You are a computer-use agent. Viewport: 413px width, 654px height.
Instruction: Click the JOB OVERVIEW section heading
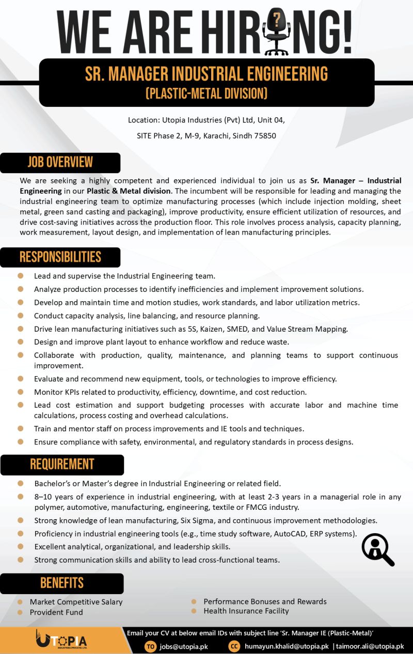60,162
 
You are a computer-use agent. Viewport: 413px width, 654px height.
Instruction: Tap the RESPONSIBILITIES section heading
60,257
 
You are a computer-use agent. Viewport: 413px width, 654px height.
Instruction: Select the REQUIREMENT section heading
62,464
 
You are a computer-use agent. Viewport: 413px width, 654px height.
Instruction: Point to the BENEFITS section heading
62,583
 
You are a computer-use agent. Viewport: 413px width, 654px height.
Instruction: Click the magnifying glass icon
377,549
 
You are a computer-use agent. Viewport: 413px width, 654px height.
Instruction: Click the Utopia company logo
61,640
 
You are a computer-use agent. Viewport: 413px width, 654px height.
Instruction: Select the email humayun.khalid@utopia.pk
287,646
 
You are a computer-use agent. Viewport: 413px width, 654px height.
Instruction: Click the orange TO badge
150,646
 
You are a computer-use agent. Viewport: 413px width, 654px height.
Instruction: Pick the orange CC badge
234,646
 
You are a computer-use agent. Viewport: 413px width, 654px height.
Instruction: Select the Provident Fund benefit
56,612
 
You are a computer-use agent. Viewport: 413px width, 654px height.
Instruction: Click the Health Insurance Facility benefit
246,611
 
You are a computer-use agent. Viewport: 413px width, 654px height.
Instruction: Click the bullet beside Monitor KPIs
21,392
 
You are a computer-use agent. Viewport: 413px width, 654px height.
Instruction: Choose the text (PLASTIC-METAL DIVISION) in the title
206,94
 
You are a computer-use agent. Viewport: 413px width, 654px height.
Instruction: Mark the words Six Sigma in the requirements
195,520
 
